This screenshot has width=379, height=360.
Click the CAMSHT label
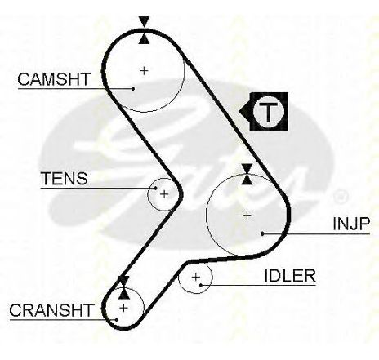click(54, 79)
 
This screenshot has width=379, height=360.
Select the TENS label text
click(65, 179)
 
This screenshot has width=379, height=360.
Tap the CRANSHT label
click(51, 310)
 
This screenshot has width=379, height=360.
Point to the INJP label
click(351, 224)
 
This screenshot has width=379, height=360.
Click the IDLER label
click(290, 276)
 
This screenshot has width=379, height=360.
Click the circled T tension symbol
click(269, 112)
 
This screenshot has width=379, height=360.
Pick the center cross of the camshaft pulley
click(144, 71)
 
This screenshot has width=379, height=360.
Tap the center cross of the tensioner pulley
click(164, 194)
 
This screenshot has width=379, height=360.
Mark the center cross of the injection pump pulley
click(247, 216)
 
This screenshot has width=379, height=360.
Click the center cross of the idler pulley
click(196, 278)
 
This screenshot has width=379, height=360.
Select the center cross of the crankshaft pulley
click(123, 308)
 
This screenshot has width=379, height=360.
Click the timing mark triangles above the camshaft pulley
click(144, 30)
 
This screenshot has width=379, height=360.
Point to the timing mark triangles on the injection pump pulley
click(247, 174)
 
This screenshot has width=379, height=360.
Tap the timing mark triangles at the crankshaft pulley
click(124, 287)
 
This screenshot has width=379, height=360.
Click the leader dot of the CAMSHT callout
click(133, 88)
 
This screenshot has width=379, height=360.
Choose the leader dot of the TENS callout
click(156, 188)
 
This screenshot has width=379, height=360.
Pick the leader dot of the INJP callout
click(262, 233)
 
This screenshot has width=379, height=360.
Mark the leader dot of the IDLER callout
click(201, 285)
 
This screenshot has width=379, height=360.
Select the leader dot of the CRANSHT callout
click(117, 320)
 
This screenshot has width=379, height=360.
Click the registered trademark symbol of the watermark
click(341, 197)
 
